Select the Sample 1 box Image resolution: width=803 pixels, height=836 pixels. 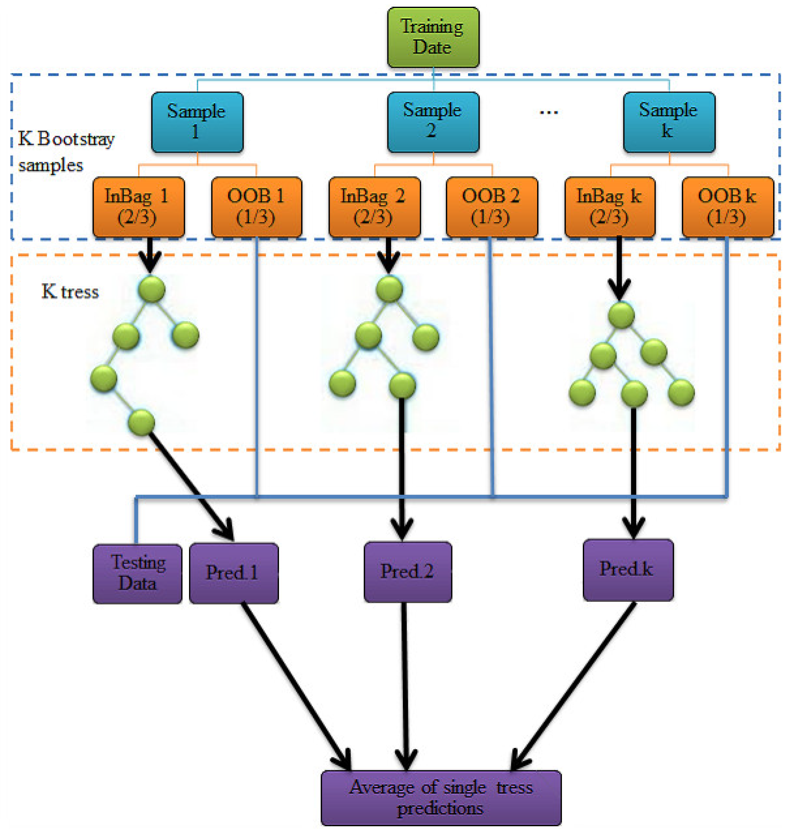(197, 122)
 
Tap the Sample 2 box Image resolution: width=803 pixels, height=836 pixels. (433, 122)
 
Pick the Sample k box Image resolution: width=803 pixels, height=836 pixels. (669, 122)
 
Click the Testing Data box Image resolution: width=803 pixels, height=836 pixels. (137, 573)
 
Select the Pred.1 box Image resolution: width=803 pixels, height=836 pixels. (234, 573)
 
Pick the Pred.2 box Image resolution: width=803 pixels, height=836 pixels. (408, 572)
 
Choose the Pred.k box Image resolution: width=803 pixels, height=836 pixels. (628, 570)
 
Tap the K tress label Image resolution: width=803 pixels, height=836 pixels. (70, 292)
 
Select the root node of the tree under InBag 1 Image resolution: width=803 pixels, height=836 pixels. (152, 289)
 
